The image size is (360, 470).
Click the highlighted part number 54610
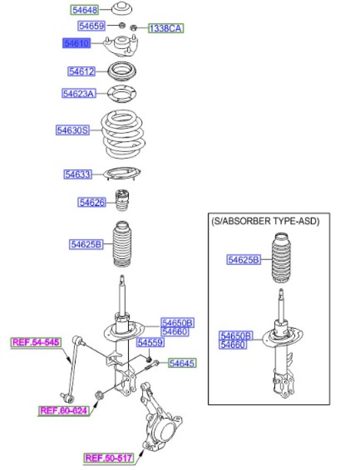click(x=76, y=43)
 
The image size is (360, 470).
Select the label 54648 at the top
click(x=85, y=10)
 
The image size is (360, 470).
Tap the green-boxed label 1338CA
click(x=166, y=29)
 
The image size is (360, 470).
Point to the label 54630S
click(x=73, y=130)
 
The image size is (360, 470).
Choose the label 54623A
click(x=79, y=94)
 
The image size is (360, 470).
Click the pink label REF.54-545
click(x=36, y=342)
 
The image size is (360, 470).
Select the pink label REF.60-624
click(x=64, y=410)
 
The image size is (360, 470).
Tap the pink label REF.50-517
click(x=109, y=458)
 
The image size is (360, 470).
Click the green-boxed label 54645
click(x=182, y=363)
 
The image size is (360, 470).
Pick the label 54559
click(x=151, y=343)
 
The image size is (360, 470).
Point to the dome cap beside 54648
click(x=122, y=8)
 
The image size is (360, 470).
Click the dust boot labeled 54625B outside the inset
click(x=122, y=244)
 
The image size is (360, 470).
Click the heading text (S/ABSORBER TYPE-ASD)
click(x=265, y=221)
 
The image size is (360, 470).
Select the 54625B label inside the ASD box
click(x=243, y=260)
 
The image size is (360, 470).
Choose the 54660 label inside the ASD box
click(x=232, y=345)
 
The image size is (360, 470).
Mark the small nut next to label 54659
click(x=122, y=25)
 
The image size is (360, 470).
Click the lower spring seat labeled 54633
click(x=122, y=174)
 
